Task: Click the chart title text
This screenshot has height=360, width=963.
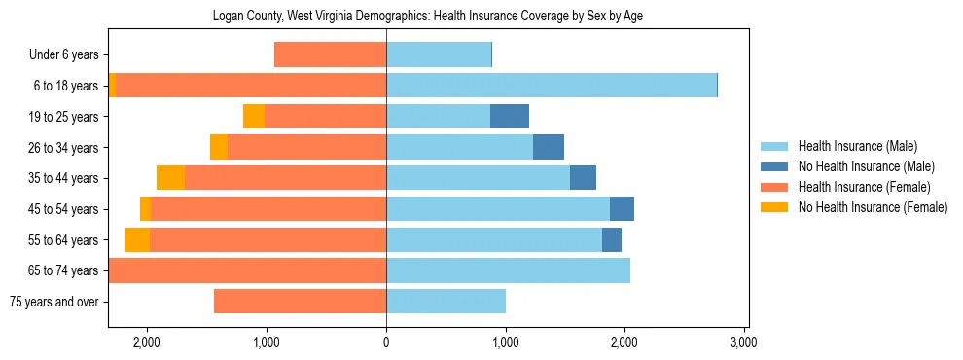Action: click(x=428, y=16)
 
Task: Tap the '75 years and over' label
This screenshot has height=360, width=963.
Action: click(x=53, y=302)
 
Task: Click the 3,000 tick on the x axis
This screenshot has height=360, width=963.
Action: click(x=743, y=342)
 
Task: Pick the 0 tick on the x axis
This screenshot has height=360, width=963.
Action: click(x=386, y=342)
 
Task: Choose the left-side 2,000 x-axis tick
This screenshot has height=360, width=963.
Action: click(x=147, y=342)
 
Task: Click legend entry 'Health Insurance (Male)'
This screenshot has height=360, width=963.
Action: click(x=857, y=146)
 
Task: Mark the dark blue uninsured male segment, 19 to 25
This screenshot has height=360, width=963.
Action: click(x=509, y=117)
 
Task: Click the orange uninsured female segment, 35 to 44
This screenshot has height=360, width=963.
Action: click(x=170, y=178)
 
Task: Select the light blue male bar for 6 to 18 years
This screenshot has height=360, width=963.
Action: click(x=551, y=86)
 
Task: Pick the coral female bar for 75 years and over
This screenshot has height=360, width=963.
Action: click(x=300, y=302)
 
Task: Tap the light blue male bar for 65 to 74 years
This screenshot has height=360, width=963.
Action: click(x=508, y=270)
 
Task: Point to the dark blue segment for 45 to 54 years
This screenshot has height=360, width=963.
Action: click(x=622, y=209)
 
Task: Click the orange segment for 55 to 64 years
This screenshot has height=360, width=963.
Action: click(x=137, y=240)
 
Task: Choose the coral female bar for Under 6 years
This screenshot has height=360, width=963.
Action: click(x=330, y=55)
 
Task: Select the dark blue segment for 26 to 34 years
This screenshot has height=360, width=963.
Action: click(x=549, y=148)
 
